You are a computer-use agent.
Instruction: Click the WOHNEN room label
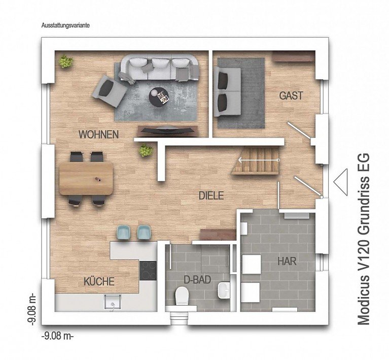(98, 135)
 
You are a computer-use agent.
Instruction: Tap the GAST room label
(291, 95)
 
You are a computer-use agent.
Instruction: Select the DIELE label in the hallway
(211, 195)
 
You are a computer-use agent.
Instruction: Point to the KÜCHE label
(99, 281)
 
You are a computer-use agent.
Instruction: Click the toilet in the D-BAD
(182, 297)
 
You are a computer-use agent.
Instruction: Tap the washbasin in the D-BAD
(223, 291)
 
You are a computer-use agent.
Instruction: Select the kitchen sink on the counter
(110, 302)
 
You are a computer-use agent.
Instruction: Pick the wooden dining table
(86, 179)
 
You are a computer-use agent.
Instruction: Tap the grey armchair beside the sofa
(109, 90)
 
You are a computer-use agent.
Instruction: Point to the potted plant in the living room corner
(65, 62)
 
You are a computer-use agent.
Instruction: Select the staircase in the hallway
(256, 161)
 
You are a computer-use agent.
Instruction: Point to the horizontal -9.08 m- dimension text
(57, 336)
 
